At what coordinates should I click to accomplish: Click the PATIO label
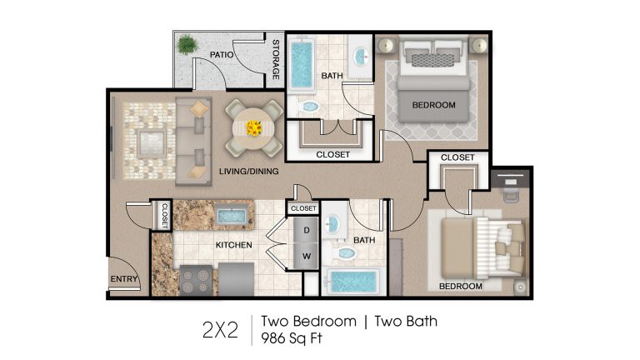click(222, 55)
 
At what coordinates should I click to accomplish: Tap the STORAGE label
click(276, 59)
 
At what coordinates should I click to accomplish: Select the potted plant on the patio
click(187, 44)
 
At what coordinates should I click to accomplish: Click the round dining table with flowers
click(254, 128)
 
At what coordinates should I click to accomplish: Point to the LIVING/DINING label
click(249, 172)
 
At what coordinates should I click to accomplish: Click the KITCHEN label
click(234, 245)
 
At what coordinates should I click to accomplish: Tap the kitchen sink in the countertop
click(232, 216)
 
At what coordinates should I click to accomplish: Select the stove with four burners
click(196, 280)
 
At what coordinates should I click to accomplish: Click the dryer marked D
click(306, 231)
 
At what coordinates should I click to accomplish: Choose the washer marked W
click(306, 257)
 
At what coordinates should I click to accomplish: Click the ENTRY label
click(124, 279)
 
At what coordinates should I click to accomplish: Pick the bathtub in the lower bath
click(353, 282)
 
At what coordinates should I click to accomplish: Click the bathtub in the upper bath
click(302, 64)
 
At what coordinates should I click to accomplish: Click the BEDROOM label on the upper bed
click(434, 105)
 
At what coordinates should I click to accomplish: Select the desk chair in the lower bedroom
click(511, 194)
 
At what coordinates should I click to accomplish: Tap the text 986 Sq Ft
click(292, 338)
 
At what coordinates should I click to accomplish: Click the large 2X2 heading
click(220, 330)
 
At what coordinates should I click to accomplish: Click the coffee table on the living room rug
click(152, 143)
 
